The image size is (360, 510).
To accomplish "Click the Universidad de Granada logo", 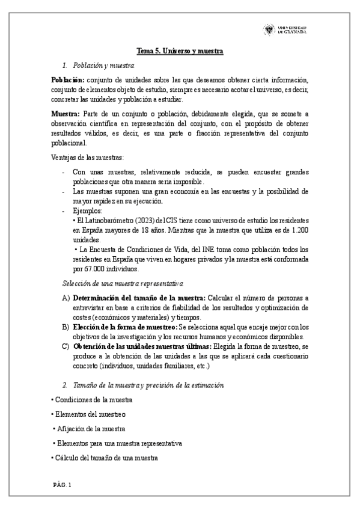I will [285, 30].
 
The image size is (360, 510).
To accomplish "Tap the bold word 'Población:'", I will [67, 80].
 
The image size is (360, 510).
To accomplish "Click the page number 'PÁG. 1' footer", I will [61, 485].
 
